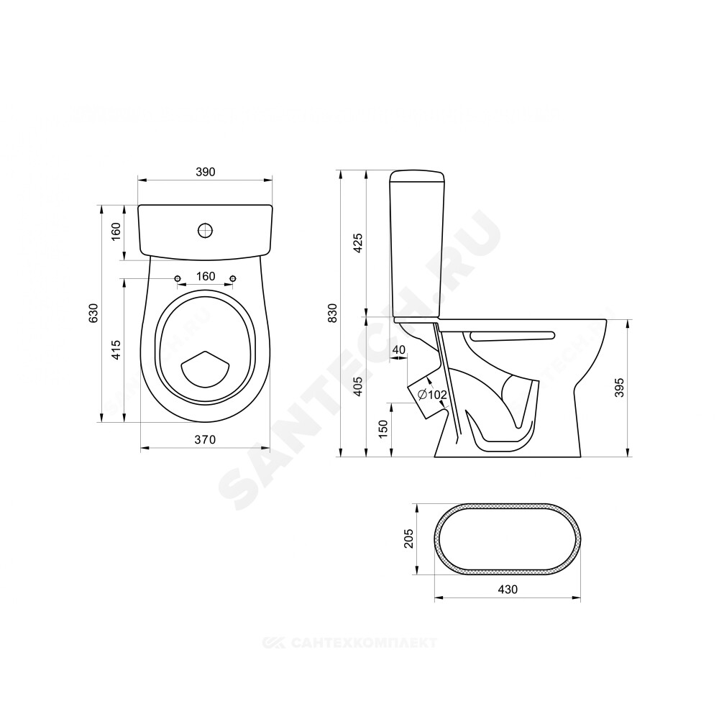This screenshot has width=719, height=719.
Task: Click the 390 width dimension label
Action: click(206, 172)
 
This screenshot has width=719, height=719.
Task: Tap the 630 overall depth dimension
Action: click(93, 313)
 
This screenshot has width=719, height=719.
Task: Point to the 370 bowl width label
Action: click(205, 440)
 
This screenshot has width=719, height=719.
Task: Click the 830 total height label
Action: click(334, 313)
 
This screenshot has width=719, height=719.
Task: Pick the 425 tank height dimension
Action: click(359, 243)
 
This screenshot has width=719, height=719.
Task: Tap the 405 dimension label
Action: click(359, 386)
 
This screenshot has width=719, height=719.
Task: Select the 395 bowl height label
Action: click(620, 388)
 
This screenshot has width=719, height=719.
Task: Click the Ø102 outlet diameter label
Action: click(432, 394)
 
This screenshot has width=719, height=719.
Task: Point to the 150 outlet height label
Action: click(384, 429)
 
